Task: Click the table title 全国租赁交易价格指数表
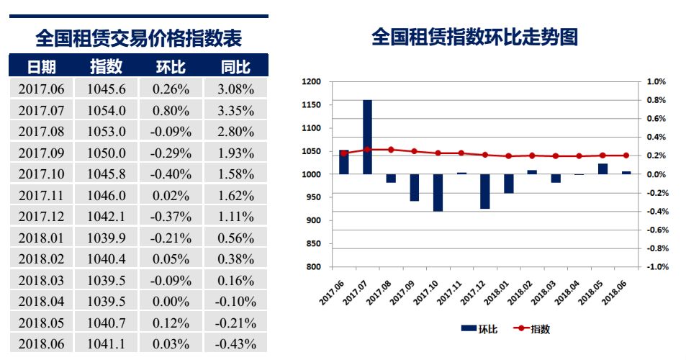tap(138, 37)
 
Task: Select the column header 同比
tap(236, 67)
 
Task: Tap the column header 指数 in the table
tap(107, 67)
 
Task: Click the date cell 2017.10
tap(41, 174)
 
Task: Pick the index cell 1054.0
tap(107, 110)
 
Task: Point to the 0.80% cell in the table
tap(171, 110)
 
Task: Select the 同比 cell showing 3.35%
tap(236, 110)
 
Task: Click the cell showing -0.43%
tap(236, 344)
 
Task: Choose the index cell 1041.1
tap(107, 344)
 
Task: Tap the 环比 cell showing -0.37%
tap(171, 217)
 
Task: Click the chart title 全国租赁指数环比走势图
tap(474, 37)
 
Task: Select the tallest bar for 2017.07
tap(367, 137)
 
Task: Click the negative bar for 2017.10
tap(438, 192)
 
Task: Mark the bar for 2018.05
tap(602, 169)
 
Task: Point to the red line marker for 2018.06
tap(626, 156)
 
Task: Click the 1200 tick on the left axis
tap(311, 82)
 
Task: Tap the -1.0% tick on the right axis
tap(657, 267)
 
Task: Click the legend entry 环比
tap(479, 329)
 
